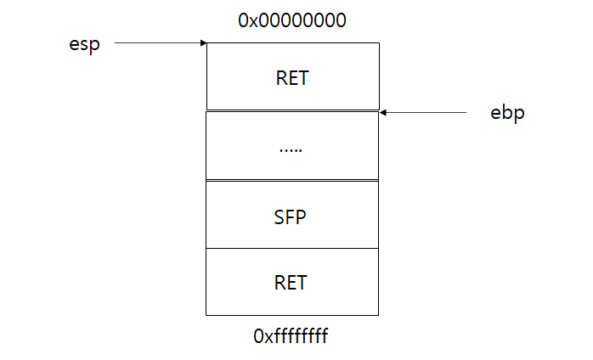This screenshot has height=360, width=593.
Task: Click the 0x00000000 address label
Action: click(x=291, y=20)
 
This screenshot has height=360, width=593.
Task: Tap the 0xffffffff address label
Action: click(x=291, y=336)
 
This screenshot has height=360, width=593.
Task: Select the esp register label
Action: click(x=85, y=43)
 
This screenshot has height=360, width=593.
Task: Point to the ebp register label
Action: click(x=508, y=113)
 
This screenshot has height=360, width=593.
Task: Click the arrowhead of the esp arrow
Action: click(x=204, y=42)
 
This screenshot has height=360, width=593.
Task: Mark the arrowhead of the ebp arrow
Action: click(x=383, y=111)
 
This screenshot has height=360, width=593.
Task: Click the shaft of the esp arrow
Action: click(x=157, y=42)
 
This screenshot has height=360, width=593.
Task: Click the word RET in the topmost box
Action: click(x=292, y=78)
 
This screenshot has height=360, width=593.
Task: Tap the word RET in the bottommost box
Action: click(x=291, y=283)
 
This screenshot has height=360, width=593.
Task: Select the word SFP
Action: click(x=291, y=217)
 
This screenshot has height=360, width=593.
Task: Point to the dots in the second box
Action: click(x=291, y=149)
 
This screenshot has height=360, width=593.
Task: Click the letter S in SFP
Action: click(x=280, y=217)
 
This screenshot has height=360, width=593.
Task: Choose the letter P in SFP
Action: click(x=302, y=217)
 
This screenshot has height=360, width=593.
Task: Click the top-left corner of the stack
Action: click(x=206, y=43)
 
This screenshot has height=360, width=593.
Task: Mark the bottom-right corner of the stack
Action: click(x=378, y=315)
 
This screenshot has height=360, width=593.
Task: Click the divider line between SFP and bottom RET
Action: click(x=292, y=248)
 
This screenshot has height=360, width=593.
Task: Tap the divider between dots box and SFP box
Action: click(x=292, y=180)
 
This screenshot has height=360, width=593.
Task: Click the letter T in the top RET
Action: click(x=304, y=78)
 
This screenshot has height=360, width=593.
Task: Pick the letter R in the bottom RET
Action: click(x=280, y=283)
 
